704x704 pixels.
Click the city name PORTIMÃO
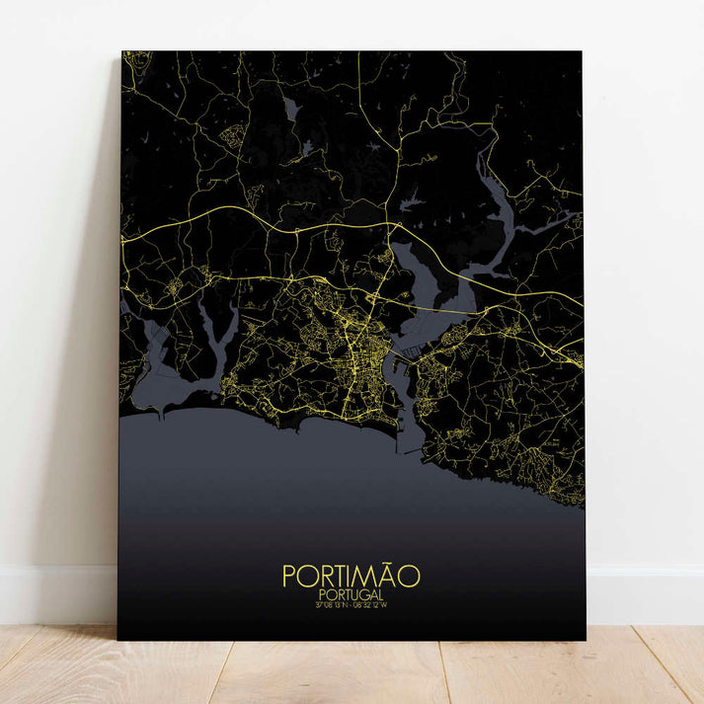pos(351,576)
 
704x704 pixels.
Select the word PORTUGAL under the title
pos(351,594)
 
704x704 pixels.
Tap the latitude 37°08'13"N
pos(331,605)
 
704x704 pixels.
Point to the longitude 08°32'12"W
pos(374,605)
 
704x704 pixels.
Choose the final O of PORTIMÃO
pos(409,577)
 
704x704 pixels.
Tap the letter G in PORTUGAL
pos(363,594)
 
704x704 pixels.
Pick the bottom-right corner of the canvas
pos(585,639)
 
